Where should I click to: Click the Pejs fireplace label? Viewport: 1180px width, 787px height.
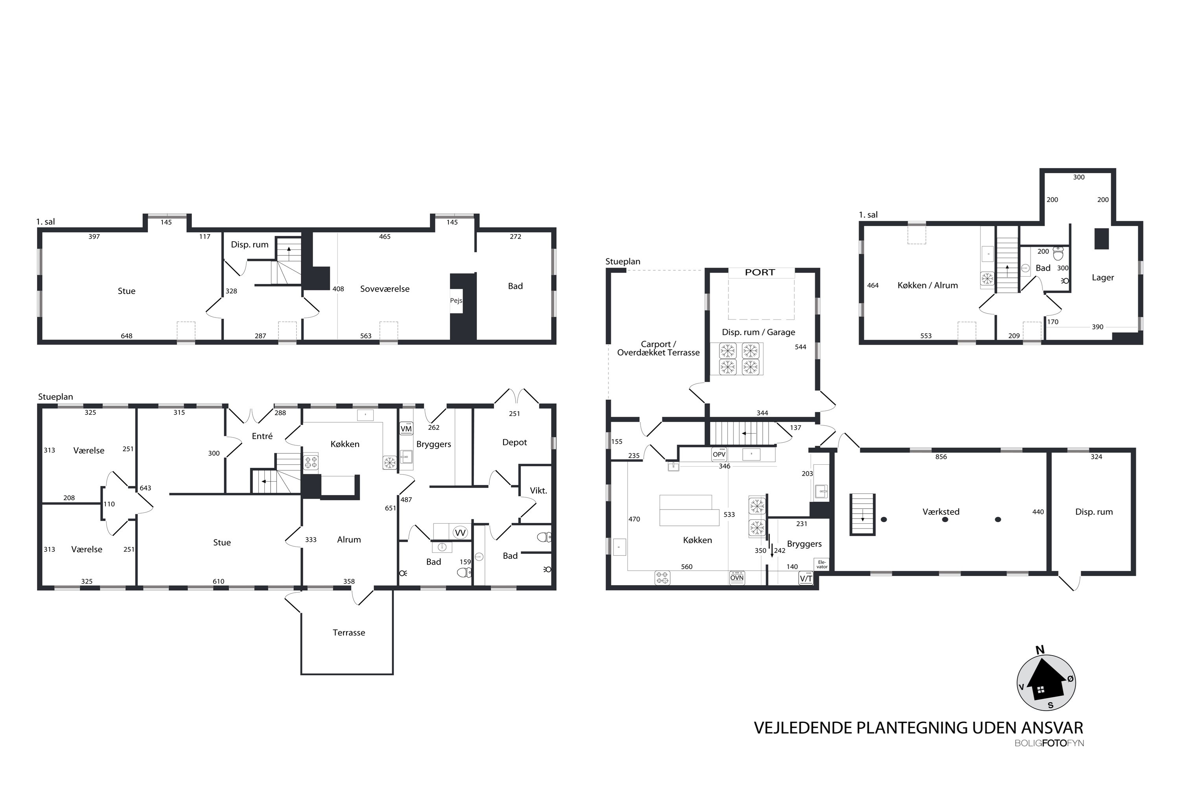(x=456, y=301)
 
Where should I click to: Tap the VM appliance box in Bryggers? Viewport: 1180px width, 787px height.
(x=406, y=428)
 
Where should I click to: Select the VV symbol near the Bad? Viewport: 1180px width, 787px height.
(x=460, y=532)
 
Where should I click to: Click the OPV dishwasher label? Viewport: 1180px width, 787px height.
(x=719, y=454)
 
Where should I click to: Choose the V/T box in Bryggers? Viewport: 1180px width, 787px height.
(x=806, y=579)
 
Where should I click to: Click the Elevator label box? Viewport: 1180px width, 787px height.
(x=821, y=564)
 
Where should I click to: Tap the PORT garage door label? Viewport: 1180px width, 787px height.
(x=760, y=273)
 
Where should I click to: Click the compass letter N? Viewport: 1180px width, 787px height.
(x=1040, y=650)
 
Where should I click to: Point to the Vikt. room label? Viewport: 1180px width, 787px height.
(x=538, y=490)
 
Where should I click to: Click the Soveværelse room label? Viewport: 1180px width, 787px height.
(x=385, y=288)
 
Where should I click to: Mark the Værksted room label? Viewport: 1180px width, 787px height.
(x=941, y=512)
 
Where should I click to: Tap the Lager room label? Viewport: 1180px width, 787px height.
(x=1103, y=277)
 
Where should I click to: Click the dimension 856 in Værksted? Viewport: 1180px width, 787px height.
(x=941, y=457)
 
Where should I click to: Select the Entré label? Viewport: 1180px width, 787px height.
(x=262, y=436)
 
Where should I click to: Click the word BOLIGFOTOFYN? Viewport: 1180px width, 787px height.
(x=1049, y=743)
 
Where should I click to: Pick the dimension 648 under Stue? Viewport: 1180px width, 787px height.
(x=126, y=336)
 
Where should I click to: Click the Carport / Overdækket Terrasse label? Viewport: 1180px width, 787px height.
(x=658, y=348)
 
